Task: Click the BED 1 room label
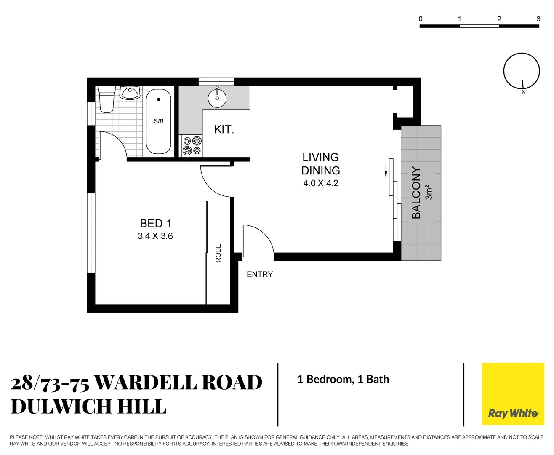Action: point(155,223)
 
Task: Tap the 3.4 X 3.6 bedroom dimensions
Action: point(155,236)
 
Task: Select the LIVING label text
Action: point(320,157)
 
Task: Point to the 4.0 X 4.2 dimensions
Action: point(320,183)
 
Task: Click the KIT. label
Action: point(224,129)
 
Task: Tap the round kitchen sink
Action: point(217,99)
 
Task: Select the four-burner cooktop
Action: point(192,146)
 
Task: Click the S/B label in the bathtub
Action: point(159,121)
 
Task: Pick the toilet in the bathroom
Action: point(107,99)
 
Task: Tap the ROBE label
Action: point(218,253)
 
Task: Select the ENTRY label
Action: point(260,275)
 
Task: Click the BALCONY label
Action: point(416,193)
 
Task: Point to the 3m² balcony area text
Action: point(429,192)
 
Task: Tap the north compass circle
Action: point(522,71)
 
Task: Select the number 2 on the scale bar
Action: point(499,19)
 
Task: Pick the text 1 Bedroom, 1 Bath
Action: point(343,379)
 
